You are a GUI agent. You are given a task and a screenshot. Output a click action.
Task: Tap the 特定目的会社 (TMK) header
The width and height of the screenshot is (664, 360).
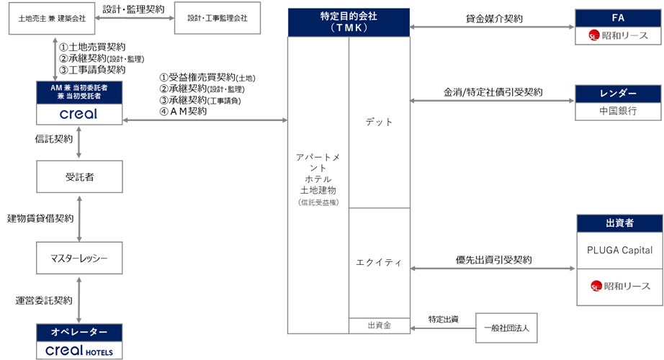click(349, 22)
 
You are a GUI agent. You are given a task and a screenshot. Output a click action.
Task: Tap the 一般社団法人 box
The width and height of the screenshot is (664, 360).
click(507, 328)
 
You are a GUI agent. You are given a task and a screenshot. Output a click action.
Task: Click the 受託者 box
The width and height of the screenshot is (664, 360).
click(79, 176)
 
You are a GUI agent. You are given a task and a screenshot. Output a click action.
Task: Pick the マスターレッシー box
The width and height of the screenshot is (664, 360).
click(79, 257)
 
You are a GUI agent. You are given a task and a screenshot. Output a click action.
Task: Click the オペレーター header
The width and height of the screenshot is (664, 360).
click(79, 332)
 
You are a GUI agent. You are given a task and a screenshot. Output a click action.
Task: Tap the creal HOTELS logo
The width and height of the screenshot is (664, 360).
click(79, 350)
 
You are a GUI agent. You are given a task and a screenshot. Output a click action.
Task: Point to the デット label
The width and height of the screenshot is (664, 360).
click(379, 122)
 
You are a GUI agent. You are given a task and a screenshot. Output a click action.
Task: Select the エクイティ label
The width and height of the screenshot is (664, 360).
click(379, 264)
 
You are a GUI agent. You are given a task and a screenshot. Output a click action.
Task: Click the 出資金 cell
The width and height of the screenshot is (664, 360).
click(379, 325)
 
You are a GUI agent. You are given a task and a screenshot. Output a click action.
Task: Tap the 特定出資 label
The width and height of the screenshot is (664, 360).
click(444, 318)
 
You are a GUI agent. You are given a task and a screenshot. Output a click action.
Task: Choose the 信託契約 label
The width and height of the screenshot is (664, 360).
click(54, 139)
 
